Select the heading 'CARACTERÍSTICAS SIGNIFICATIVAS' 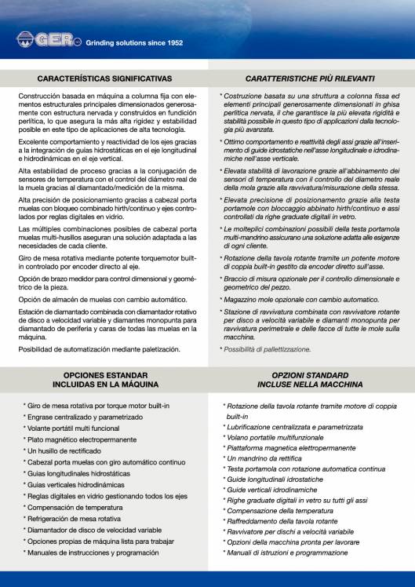pyautogui.click(x=104, y=79)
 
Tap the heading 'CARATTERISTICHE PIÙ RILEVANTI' pyautogui.click(x=309, y=79)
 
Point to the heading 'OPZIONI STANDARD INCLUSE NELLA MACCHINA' pyautogui.click(x=309, y=381)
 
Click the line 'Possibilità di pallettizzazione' pyautogui.click(x=267, y=348)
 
